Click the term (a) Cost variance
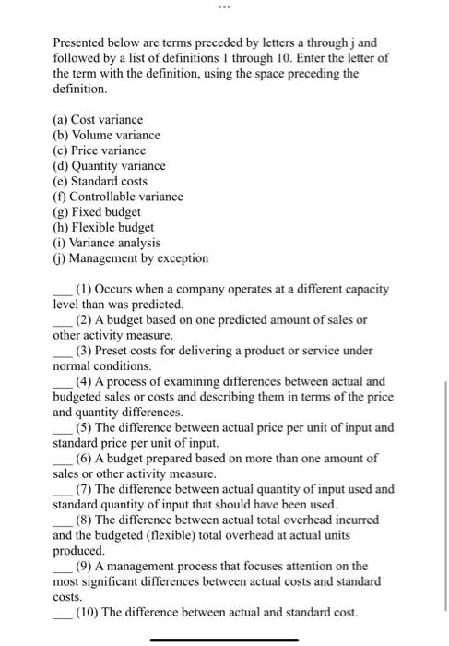98,119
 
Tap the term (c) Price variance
100,150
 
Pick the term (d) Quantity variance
109,165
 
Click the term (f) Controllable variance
118,196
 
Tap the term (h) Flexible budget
103,227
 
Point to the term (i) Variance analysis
107,242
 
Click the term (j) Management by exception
130,257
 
